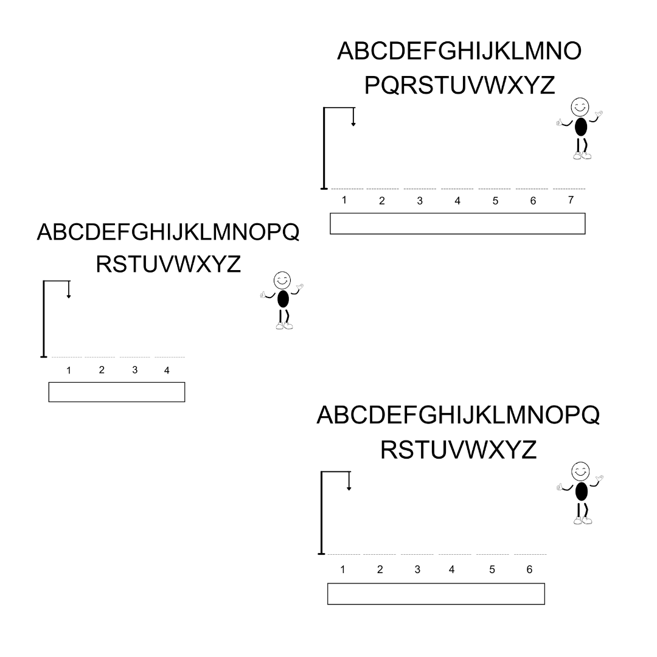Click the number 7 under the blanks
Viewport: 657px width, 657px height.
570,200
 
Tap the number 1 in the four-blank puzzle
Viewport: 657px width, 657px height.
69,370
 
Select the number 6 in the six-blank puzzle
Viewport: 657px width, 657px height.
529,569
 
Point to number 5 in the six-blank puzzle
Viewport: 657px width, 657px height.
492,569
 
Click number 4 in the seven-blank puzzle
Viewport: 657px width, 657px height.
457,201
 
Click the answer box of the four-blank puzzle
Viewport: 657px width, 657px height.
116,392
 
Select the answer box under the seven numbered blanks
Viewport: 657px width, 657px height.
457,223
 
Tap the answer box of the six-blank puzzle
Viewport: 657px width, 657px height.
436,594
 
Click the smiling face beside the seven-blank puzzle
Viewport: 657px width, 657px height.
580,107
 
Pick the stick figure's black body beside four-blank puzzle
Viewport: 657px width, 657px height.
283,299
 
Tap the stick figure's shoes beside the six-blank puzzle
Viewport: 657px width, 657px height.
582,520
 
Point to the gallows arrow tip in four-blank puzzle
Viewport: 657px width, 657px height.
69,296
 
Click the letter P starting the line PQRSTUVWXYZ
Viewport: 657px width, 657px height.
373,86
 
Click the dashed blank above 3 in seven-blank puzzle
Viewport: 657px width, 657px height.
420,189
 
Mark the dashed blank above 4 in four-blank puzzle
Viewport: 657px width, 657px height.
170,357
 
